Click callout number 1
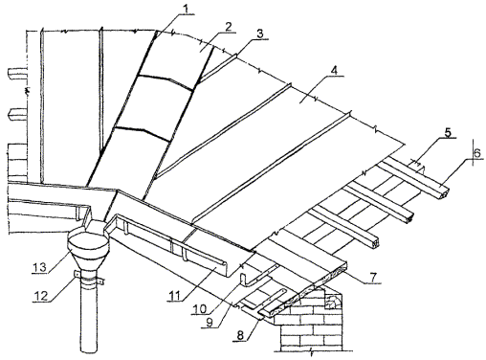pyautogui.click(x=188, y=10)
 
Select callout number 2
pyautogui.click(x=228, y=28)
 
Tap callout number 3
pyautogui.click(x=260, y=34)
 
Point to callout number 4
pyautogui.click(x=334, y=71)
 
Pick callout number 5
pyautogui.click(x=448, y=132)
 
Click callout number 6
pyautogui.click(x=477, y=153)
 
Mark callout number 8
pyautogui.click(x=240, y=335)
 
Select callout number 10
pyautogui.click(x=201, y=309)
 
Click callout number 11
pyautogui.click(x=174, y=296)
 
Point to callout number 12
pyautogui.click(x=41, y=296)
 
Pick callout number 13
pyautogui.click(x=41, y=267)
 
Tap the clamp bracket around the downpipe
pyautogui.click(x=89, y=278)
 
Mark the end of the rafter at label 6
pyautogui.click(x=444, y=193)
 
